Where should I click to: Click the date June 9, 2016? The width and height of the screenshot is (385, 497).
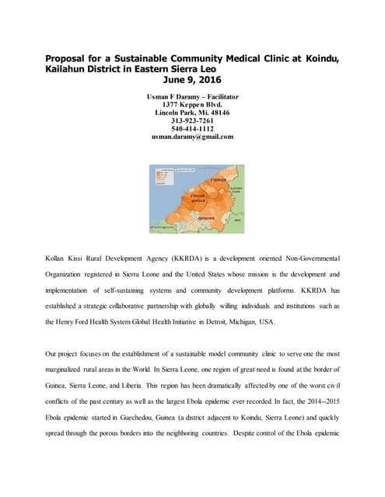pyautogui.click(x=192, y=78)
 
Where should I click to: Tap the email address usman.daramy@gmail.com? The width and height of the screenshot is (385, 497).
pyautogui.click(x=192, y=137)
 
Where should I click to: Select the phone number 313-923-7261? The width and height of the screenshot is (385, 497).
pyautogui.click(x=192, y=120)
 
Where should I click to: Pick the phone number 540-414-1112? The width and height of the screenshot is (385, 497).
pyautogui.click(x=192, y=128)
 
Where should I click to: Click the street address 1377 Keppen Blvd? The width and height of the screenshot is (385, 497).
pyautogui.click(x=192, y=104)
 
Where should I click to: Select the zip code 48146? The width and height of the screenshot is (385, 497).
pyautogui.click(x=219, y=112)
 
